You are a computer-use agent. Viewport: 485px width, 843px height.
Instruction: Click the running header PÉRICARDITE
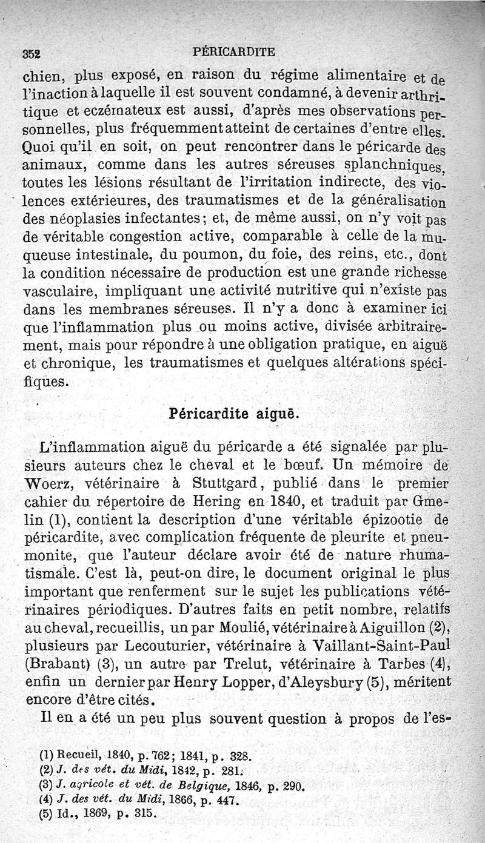pos(233,51)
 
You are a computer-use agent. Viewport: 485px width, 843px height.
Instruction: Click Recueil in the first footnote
pos(75,756)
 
